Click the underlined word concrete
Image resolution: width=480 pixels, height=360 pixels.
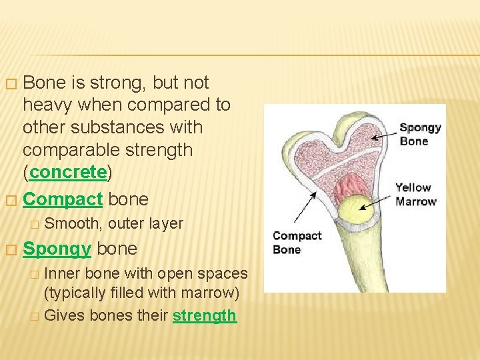[x=68, y=172]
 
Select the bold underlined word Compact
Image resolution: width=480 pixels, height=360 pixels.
[x=63, y=199]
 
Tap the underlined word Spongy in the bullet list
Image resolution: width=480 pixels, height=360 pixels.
[x=57, y=249]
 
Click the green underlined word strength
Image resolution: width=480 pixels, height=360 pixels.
[x=204, y=315]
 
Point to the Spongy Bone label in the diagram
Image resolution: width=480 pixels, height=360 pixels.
[x=420, y=134]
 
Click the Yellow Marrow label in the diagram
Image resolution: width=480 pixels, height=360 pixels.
[x=416, y=194]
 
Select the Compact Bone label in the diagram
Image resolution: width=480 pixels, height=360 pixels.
[x=297, y=242]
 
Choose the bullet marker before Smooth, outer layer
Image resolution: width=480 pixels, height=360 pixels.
[x=35, y=225]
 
